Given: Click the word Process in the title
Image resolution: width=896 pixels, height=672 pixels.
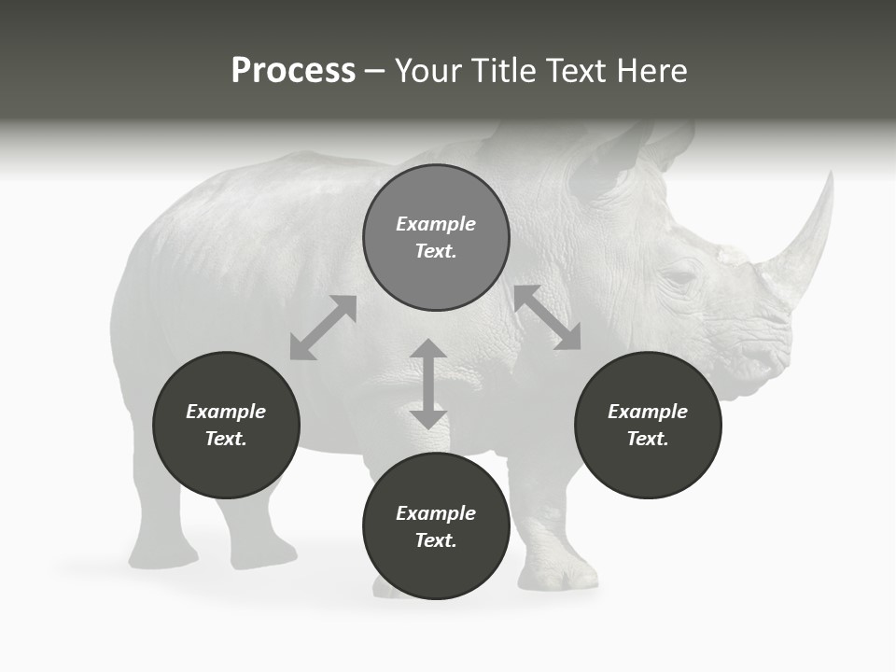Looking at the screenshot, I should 293,71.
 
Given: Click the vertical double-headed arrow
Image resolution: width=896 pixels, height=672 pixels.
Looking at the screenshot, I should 428,384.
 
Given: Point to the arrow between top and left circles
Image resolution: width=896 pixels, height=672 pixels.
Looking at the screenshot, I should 323,328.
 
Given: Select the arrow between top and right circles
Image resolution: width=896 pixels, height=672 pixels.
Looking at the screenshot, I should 548,317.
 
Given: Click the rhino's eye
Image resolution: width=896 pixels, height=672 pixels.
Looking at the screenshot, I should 679,277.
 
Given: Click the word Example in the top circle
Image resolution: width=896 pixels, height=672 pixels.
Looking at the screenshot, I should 436,224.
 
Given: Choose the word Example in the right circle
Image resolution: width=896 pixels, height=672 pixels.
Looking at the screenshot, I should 648,412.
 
